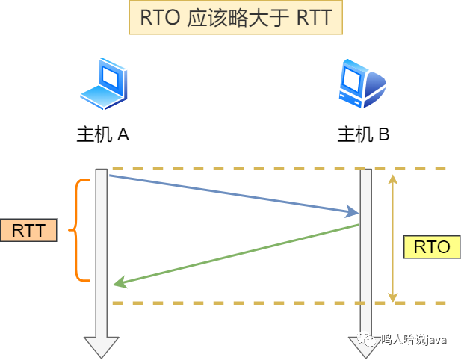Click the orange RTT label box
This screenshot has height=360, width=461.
point(28,230)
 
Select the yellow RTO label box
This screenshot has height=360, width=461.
point(432,247)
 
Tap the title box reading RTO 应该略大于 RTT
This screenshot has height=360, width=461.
point(236,17)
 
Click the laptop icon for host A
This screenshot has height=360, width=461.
point(104,84)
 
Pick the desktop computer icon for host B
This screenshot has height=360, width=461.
point(362,84)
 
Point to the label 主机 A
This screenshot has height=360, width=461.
point(103,134)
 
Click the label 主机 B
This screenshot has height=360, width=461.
point(363,134)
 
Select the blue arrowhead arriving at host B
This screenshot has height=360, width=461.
point(352,211)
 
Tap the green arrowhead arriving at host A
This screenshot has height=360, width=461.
point(120,282)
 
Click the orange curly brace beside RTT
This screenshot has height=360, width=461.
point(77,230)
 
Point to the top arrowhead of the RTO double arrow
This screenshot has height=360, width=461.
point(392,179)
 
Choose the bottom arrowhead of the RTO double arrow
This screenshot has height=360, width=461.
point(392,298)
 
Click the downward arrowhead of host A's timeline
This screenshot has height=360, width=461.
point(102,347)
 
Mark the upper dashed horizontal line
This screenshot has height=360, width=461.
point(279,169)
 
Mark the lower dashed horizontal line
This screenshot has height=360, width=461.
point(279,303)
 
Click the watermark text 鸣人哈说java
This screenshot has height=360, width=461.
point(414,340)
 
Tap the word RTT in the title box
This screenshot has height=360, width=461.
point(315,18)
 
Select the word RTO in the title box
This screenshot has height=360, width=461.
point(160,18)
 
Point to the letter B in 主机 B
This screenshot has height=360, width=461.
point(384,134)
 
